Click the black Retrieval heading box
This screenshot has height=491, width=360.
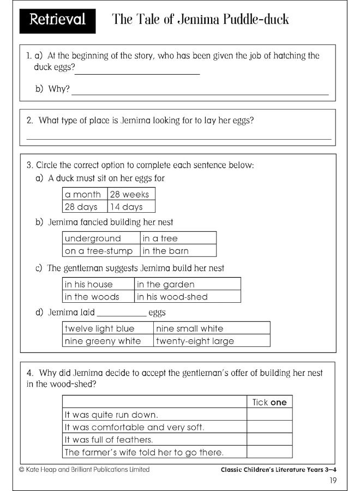click(57, 20)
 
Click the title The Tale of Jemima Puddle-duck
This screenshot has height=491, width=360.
click(200, 20)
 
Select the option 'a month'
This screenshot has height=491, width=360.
click(83, 194)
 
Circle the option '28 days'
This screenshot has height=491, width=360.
click(81, 207)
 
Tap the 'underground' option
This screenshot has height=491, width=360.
click(93, 238)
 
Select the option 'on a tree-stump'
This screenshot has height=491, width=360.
click(99, 251)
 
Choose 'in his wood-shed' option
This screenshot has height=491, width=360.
click(172, 297)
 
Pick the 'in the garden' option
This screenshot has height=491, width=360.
click(165, 284)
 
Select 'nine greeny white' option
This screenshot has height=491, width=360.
click(103, 341)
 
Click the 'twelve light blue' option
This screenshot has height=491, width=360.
click(99, 328)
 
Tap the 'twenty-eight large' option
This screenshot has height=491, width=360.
click(195, 341)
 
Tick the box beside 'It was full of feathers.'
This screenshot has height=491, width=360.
click(269, 439)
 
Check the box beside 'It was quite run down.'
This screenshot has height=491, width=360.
click(269, 414)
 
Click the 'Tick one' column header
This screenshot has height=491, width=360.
click(269, 402)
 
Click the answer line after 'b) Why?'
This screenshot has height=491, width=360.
click(200, 93)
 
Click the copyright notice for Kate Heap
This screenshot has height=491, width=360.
click(84, 469)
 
